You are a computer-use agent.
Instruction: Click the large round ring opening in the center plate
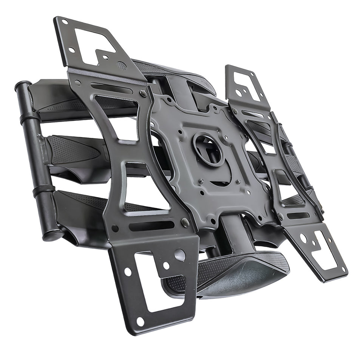pos(208,149)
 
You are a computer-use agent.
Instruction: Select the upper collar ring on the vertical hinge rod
pos(30,117)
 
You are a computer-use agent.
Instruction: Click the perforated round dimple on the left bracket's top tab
pos(122,65)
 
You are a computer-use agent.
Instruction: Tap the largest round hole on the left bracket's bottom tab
pos(180,255)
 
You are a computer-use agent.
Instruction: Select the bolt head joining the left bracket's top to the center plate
pos(143,93)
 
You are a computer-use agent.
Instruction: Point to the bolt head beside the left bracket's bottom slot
pos(185,222)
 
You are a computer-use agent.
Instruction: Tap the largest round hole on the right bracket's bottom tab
pos(303,239)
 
